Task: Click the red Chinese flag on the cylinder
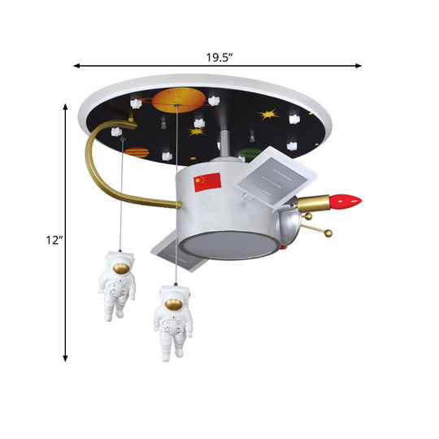207,182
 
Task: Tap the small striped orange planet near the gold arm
137,151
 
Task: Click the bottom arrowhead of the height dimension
66,357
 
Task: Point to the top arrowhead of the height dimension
66,104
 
